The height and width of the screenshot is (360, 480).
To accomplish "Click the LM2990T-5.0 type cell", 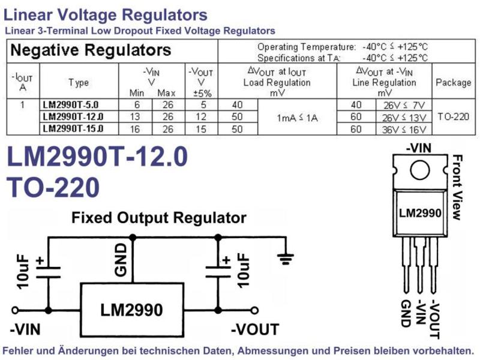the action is coord(71,104).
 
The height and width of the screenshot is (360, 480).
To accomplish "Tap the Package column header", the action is coord(454,82).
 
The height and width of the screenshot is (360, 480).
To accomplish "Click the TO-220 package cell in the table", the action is coord(454,116).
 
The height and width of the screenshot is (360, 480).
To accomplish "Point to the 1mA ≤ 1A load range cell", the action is coord(297,118).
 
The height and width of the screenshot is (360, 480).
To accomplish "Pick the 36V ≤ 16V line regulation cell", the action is coord(404,130).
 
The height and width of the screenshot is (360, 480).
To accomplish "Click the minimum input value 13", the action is coord(135,116).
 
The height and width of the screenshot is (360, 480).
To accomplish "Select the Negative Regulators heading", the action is coord(91,50).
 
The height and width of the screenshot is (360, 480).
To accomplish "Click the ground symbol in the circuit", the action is coord(286,259).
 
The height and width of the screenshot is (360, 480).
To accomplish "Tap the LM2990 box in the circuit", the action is coord(132,310).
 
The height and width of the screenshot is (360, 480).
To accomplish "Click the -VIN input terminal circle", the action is coord(14,310).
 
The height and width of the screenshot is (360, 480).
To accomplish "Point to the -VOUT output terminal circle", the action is coord(254,310).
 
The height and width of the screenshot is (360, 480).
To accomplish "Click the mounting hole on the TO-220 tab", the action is coord(419,170).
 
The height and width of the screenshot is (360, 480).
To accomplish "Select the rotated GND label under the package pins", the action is coord(406,313).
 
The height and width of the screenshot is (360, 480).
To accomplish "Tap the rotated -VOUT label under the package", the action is coord(435,320).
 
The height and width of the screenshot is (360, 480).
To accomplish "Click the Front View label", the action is coord(457,187).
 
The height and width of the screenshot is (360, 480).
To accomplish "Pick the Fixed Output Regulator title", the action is coord(159,218).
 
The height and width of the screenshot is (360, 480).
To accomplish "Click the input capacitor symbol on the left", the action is coord(49,272).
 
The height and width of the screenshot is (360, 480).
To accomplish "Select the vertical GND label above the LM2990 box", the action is coord(121,260).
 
